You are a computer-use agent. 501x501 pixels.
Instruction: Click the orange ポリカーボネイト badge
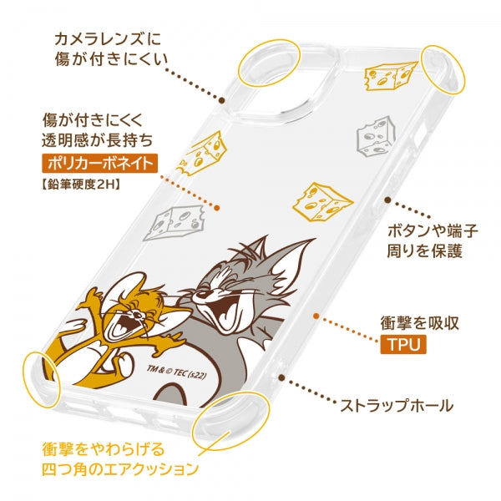(x=100, y=163)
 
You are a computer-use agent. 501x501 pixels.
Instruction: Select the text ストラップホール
(x=397, y=407)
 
